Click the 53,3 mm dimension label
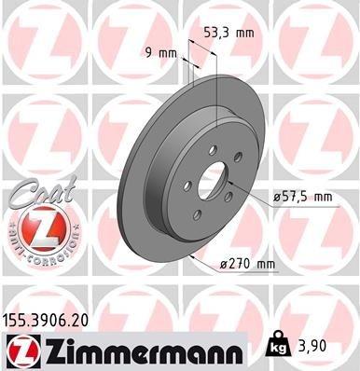tap(228, 33)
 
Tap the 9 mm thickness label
tap(161, 52)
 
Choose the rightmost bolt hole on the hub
tap(239, 157)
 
